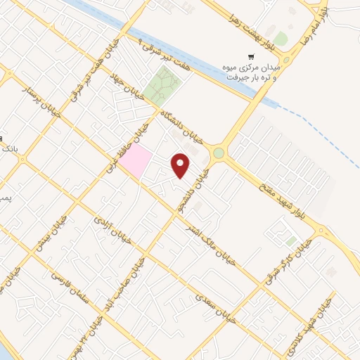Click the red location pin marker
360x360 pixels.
181,165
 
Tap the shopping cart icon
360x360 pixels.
250,56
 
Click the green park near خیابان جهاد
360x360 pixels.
163,85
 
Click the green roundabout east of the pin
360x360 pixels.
219,152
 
